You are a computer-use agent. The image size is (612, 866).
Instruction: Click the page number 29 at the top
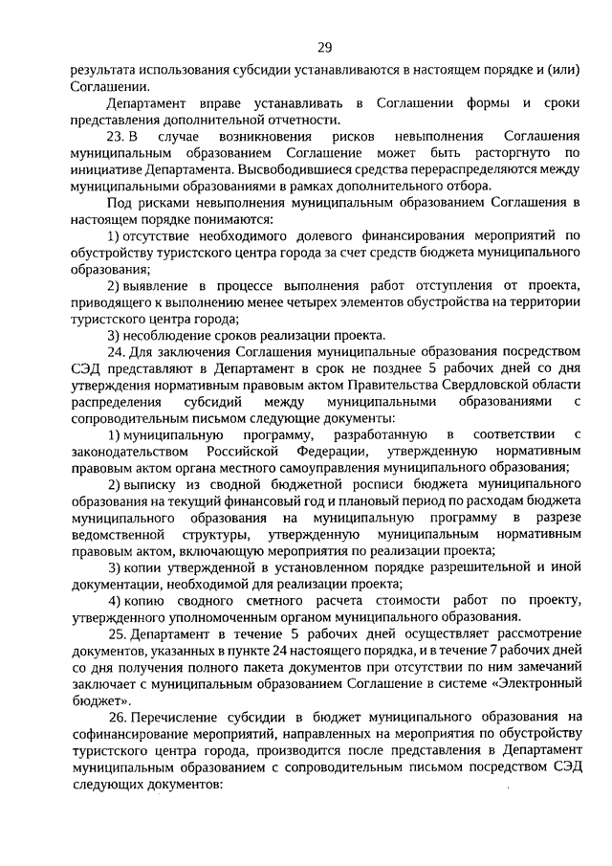click(325, 49)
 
